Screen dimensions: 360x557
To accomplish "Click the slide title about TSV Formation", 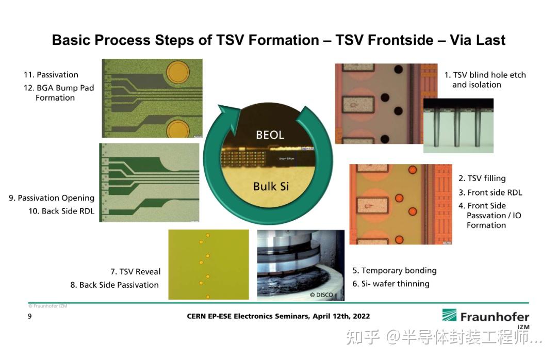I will point(278,40).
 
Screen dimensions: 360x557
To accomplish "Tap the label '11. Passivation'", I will point(51,75).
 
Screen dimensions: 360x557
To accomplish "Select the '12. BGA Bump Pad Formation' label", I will point(58,93).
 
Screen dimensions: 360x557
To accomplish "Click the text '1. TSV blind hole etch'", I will point(485,75).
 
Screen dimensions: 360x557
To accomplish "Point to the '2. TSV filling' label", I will point(482,178).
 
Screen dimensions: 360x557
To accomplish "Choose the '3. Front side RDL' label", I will point(490,192).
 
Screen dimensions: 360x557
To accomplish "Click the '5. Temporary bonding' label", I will point(395,271).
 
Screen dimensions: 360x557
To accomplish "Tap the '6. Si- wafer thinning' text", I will point(391,284).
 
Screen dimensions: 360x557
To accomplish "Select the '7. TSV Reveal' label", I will point(135,272).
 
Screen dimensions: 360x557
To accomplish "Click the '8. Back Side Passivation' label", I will point(114,285).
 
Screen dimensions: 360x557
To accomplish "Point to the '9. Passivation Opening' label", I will point(52,198).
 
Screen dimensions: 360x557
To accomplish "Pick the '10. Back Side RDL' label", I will point(61,211).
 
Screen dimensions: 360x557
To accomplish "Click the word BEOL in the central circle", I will point(270,135).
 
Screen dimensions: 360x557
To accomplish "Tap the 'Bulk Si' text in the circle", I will point(271,186).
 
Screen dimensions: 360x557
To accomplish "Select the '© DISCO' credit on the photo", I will point(321,295).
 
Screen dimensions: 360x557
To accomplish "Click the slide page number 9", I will point(29,316).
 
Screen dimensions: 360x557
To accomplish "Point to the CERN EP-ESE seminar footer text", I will point(278,316).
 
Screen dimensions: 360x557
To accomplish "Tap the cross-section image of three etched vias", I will point(458,126).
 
